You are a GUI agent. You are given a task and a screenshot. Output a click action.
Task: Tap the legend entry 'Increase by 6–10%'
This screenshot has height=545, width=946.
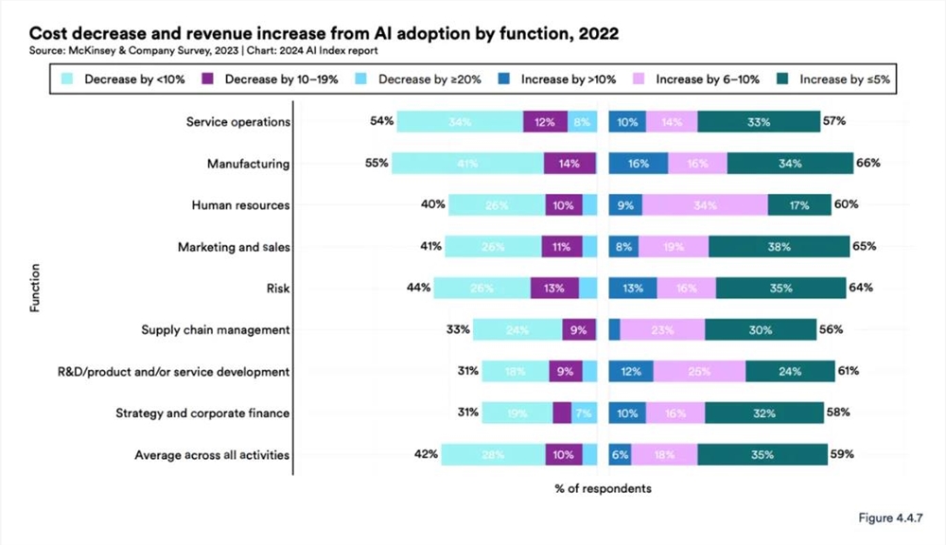click(x=694, y=79)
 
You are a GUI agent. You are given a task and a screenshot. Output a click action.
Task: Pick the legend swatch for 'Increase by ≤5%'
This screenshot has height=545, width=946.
click(x=784, y=79)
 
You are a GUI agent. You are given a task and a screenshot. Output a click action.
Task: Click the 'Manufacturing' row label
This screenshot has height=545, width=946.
click(x=248, y=164)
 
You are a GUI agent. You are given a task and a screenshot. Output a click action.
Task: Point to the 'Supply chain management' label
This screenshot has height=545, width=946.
click(x=215, y=329)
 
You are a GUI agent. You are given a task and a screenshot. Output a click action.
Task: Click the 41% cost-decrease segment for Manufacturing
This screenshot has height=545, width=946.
click(x=467, y=164)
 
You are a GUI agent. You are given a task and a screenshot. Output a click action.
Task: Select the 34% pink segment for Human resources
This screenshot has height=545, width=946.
click(x=705, y=204)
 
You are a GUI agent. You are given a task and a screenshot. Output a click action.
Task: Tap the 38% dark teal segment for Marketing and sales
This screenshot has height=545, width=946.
click(x=779, y=246)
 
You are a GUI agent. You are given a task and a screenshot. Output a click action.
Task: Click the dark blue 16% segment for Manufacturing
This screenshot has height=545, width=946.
click(x=639, y=164)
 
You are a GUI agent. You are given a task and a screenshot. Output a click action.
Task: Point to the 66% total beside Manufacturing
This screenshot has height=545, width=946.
click(x=868, y=163)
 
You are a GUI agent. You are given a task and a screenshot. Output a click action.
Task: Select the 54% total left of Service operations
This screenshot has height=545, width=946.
click(x=382, y=121)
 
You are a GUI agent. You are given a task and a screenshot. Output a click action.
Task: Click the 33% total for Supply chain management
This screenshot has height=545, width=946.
click(x=458, y=329)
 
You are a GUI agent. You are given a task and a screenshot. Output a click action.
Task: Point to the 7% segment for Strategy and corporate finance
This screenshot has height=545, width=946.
click(x=584, y=413)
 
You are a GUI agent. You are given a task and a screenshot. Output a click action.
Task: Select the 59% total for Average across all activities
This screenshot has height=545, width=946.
click(x=842, y=454)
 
